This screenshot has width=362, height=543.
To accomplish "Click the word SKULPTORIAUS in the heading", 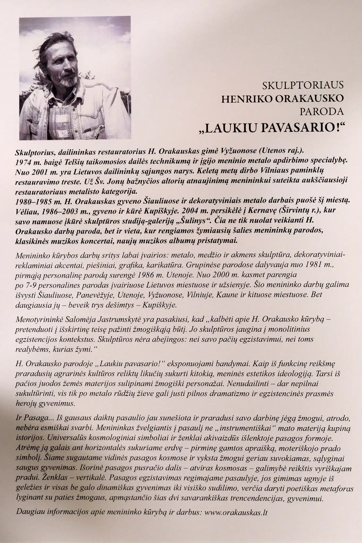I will [x=303, y=85].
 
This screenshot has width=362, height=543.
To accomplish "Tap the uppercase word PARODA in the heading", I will [x=321, y=111].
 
